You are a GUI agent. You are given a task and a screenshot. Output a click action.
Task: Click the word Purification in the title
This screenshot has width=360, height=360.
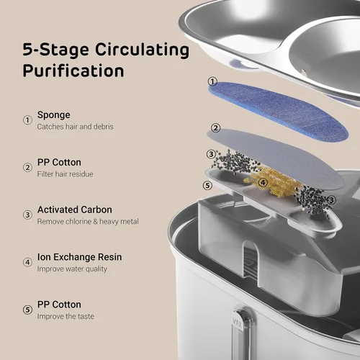pos(73,71)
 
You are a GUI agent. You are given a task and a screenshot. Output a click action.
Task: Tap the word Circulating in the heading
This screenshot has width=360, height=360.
pos(142,50)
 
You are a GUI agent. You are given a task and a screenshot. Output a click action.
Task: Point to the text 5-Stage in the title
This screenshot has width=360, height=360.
pos(55,50)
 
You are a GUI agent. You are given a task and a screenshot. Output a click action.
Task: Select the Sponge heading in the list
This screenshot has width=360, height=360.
pos(54,115)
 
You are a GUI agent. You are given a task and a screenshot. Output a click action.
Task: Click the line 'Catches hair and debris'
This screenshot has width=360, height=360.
pos(75,127)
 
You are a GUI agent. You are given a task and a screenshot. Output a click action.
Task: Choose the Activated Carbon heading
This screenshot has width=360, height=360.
pos(75,210)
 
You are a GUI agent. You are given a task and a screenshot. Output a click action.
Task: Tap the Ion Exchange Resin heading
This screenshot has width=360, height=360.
pos(79,257)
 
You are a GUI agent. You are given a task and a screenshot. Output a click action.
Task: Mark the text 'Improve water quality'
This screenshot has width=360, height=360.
pos(72,269)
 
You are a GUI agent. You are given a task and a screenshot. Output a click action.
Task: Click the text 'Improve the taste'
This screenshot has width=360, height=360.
pos(66,316)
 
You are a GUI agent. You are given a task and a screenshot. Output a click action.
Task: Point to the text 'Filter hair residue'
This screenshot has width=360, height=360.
pos(65,174)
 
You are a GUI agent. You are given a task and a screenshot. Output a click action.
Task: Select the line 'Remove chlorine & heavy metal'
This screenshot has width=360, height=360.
pos(88,221)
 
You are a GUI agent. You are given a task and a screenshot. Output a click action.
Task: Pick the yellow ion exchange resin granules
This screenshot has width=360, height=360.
pos(274,182)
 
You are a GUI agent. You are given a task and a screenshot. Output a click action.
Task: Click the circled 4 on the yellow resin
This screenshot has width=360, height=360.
pos(263,183)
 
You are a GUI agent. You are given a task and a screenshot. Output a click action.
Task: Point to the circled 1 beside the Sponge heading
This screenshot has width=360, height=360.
pos(27,120)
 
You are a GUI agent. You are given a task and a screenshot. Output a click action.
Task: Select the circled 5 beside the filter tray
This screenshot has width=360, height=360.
pos(207,185)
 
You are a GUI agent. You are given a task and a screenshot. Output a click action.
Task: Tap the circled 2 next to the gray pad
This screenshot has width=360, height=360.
pos(215,128)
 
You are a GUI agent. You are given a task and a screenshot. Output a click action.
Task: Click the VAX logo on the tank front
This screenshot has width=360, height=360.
pos(238,323)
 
